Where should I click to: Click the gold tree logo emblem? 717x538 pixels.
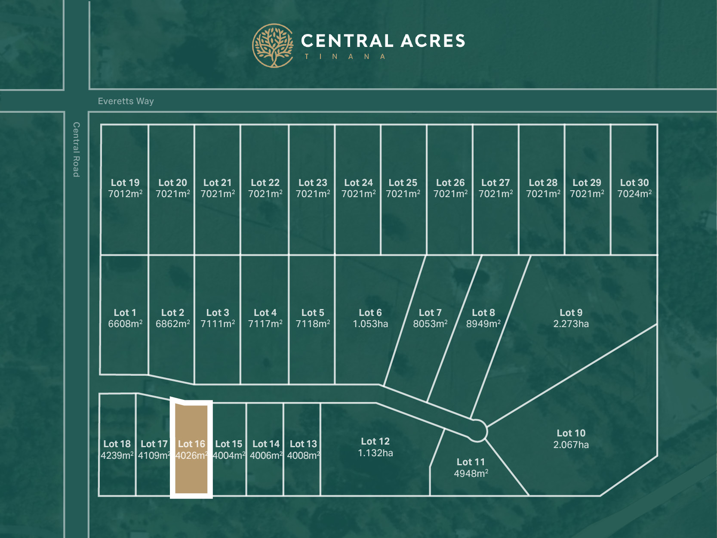273,46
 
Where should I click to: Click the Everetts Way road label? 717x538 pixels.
126,101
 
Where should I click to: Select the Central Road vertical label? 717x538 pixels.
76,149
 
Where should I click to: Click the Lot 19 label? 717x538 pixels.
125,182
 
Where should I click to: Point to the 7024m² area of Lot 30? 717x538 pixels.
634,194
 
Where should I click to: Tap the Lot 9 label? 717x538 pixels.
571,312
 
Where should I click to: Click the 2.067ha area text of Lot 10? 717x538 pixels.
571,445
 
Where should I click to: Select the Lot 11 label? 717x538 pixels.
471,462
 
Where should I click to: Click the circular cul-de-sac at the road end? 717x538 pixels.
477,430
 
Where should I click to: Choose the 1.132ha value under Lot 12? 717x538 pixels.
375,453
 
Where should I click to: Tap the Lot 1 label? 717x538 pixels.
125,312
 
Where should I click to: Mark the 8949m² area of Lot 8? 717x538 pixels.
483,324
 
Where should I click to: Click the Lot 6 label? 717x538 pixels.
370,312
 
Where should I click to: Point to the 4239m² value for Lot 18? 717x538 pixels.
117,455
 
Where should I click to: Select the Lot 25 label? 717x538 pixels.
403,182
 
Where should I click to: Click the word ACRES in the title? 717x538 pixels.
433,41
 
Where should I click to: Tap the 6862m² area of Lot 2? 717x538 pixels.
172,324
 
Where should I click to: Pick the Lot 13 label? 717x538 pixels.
303,444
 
